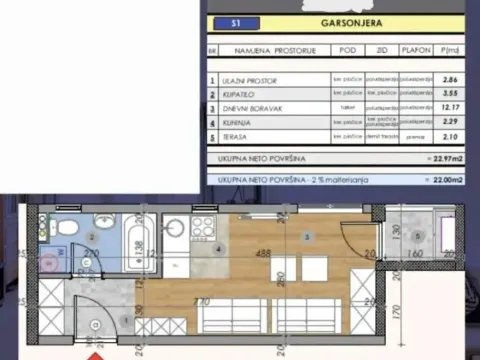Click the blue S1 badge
coord(234,21)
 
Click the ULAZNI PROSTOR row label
coord(250,79)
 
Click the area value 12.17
coord(452,108)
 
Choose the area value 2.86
coord(452,79)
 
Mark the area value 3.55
coord(452,93)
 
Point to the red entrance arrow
coord(94,354)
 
